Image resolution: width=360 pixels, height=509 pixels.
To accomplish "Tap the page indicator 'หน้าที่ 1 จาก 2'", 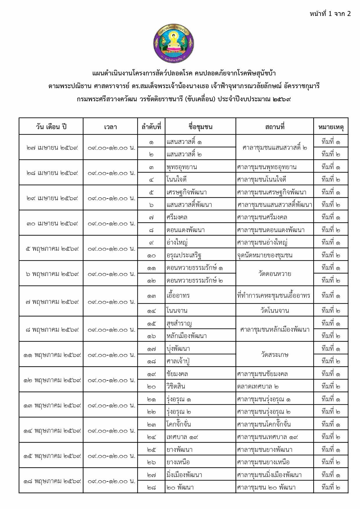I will point(330,14).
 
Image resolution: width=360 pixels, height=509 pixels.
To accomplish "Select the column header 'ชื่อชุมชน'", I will point(200,127).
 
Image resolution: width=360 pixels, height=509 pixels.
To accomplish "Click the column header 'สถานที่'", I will point(274,127).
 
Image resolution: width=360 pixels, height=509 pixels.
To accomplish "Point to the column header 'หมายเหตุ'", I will point(331,127).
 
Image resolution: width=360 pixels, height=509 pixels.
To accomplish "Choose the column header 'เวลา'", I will point(110,127).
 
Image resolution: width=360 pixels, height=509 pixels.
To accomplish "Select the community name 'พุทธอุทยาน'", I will point(182,167).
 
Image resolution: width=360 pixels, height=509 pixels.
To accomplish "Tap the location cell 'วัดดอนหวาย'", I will point(275,274).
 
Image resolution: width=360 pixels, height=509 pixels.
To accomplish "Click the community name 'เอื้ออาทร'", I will point(178,295).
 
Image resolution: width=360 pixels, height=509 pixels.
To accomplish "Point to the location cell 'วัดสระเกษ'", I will point(275,355).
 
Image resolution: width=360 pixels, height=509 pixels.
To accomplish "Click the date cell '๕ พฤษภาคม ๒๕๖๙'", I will point(51,249).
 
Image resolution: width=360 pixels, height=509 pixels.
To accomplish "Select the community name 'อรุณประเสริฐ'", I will point(184,255).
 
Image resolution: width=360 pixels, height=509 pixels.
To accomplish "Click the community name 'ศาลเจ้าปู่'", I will point(178,361).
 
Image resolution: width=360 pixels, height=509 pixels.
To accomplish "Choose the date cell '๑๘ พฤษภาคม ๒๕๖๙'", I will point(51,481).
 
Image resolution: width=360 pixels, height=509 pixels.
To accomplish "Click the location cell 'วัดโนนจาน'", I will point(275,311).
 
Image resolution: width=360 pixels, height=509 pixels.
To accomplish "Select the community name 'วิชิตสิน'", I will point(176,386).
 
